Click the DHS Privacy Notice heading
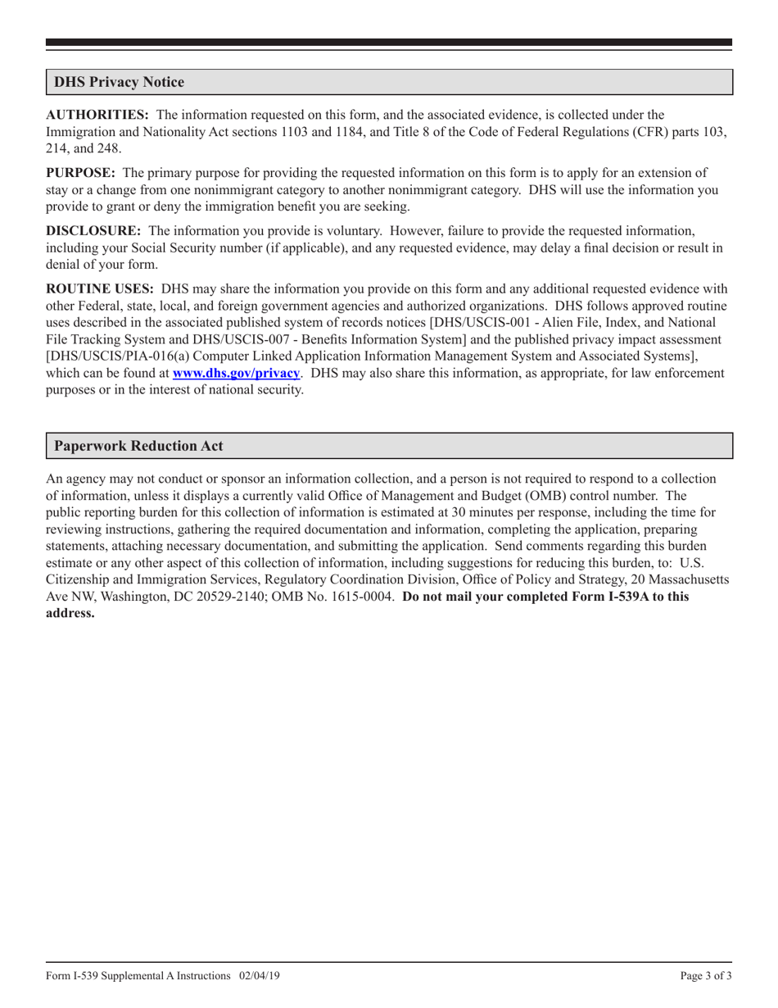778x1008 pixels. pos(119,82)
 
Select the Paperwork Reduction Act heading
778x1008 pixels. pos(138,446)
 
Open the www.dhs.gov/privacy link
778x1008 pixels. pos(236,373)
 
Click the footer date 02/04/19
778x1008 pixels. pos(260,975)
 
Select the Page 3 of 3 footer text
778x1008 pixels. pos(706,975)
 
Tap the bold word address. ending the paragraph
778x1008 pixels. pos(70,613)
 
